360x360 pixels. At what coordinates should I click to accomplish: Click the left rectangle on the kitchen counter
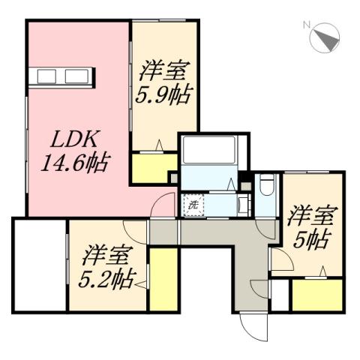pos(46,76)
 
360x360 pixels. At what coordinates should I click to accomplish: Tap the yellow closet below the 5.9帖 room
pos(154,168)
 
